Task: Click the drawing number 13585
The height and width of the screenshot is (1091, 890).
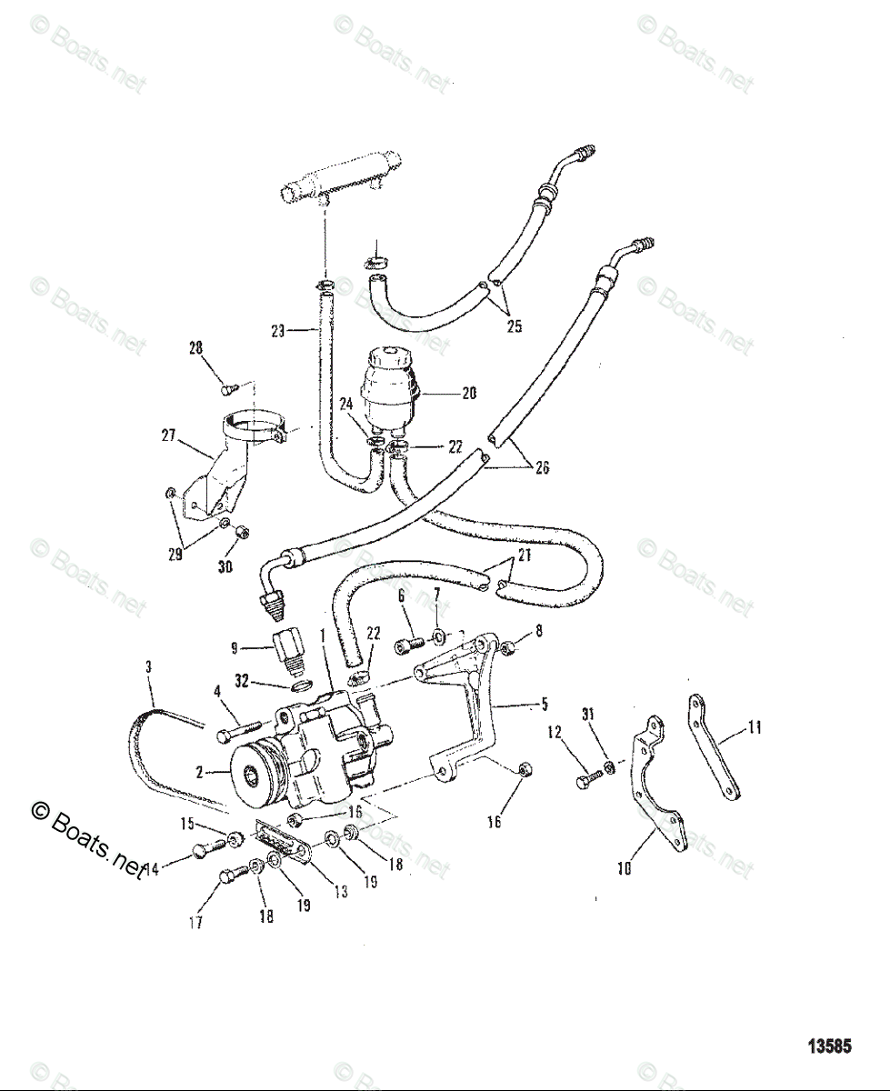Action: pyautogui.click(x=829, y=1046)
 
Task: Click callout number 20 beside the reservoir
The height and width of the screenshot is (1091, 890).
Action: pyautogui.click(x=469, y=394)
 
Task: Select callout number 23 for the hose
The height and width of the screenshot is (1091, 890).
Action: pyautogui.click(x=278, y=331)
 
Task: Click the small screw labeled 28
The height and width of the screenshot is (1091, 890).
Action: pyautogui.click(x=227, y=389)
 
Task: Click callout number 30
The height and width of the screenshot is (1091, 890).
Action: pyautogui.click(x=225, y=566)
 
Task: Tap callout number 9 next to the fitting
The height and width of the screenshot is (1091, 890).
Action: pyautogui.click(x=235, y=648)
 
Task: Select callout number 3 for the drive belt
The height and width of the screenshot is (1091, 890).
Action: pyautogui.click(x=148, y=666)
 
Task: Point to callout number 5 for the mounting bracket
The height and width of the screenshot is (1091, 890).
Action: pyautogui.click(x=545, y=703)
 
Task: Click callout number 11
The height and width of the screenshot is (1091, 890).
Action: pyautogui.click(x=754, y=726)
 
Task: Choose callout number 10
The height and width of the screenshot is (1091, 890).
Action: pyautogui.click(x=625, y=868)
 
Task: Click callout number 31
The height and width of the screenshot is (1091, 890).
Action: pyautogui.click(x=588, y=714)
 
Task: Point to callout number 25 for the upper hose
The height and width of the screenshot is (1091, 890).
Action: pyautogui.click(x=514, y=326)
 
